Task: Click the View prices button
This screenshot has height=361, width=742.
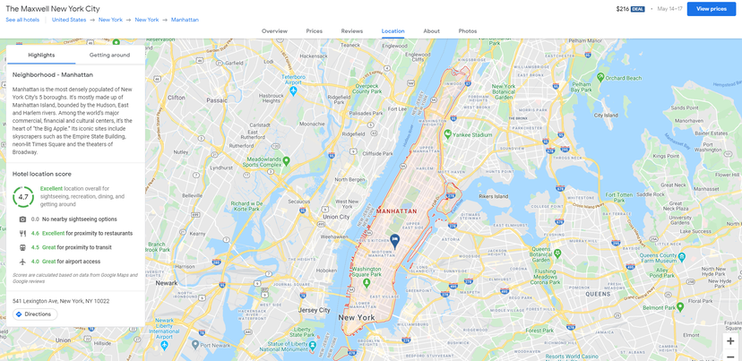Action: coord(712,9)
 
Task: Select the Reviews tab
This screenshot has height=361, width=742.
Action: coord(352,31)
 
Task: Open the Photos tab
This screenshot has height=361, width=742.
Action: coord(467,31)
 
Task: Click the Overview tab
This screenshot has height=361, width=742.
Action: coord(274,31)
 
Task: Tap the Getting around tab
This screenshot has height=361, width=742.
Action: coord(109,55)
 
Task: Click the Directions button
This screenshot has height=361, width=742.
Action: coord(34,314)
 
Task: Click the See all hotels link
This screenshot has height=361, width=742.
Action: coord(22,19)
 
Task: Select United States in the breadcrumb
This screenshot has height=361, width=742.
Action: coord(69,19)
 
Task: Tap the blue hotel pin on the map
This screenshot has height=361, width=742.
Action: coord(394,240)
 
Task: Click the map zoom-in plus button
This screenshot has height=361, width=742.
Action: coord(730,341)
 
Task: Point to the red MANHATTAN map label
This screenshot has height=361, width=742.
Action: coord(397,211)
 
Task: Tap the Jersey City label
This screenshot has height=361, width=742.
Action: coord(315,310)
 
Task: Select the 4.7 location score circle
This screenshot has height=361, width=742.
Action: coord(23,197)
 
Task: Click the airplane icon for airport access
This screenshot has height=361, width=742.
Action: coord(22,262)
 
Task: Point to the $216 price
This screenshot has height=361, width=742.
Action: coord(623,9)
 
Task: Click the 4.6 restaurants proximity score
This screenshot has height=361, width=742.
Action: coord(35,233)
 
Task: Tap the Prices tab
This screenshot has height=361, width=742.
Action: coord(314,31)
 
